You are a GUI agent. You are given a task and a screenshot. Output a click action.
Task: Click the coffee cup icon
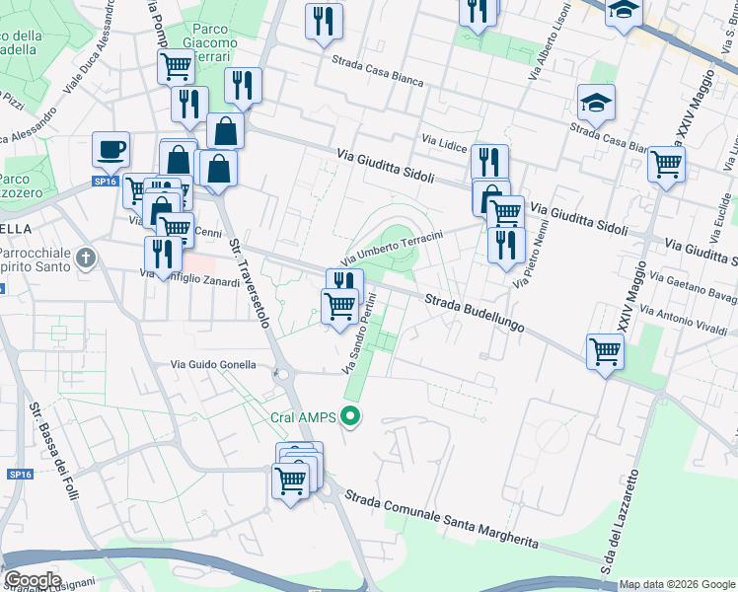coord(111,149)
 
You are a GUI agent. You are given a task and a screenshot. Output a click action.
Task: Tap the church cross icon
coord(86,259)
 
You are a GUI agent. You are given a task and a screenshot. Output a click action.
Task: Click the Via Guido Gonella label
coord(213,365)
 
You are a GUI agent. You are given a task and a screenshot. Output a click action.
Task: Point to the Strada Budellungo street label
coord(474,311)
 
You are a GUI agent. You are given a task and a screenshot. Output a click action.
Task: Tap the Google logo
coord(32,580)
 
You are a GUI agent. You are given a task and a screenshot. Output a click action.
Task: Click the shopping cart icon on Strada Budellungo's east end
coord(604,350)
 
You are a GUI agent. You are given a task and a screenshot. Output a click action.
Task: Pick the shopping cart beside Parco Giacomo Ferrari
coord(176,66)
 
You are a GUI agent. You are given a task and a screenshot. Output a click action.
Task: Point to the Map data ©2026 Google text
coord(676,584)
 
